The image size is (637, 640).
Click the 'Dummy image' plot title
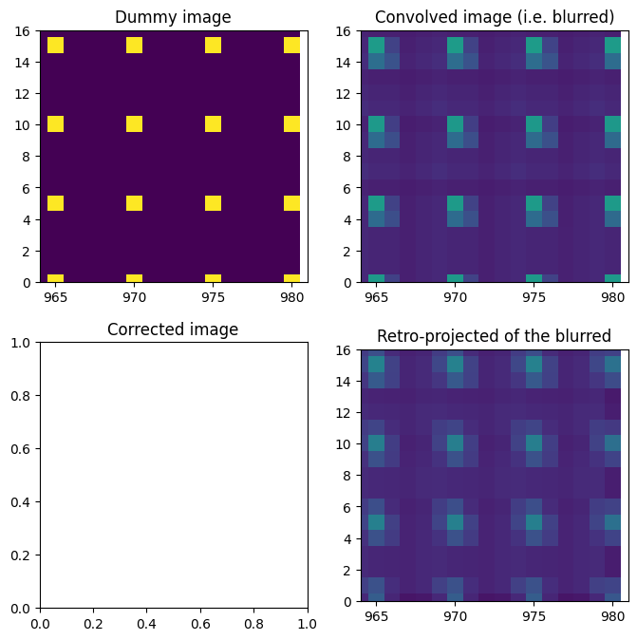(173, 17)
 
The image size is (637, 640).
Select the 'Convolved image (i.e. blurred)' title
(494, 17)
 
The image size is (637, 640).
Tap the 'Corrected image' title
(173, 329)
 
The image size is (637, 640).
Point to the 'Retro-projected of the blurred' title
(494, 336)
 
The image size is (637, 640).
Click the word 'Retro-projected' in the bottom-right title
(433, 336)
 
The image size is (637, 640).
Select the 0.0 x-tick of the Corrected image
(40, 622)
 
